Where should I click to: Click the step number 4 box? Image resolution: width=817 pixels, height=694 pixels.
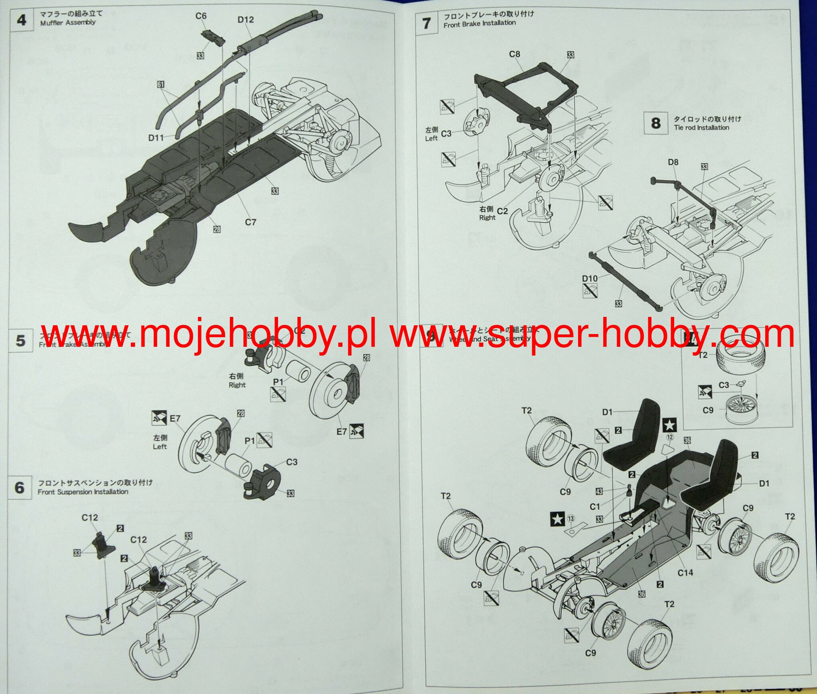tap(21, 20)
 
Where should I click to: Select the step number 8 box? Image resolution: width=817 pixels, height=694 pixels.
tap(655, 123)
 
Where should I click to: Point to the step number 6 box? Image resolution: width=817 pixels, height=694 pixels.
tap(20, 488)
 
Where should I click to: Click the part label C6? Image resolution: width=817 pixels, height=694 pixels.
tap(201, 16)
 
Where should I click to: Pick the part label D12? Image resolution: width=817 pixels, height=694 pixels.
tap(245, 20)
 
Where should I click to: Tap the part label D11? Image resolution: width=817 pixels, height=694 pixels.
tap(156, 138)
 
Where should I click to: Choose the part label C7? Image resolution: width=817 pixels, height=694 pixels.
tap(251, 222)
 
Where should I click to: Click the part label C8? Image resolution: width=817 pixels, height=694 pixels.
tap(515, 54)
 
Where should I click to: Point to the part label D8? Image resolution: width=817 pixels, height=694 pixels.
tap(673, 162)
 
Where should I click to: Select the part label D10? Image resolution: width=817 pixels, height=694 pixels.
tap(590, 279)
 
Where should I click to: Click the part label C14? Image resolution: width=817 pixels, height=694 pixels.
tap(685, 572)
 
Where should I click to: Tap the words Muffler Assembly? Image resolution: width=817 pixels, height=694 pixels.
tap(68, 23)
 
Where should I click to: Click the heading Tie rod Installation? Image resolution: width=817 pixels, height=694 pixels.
tap(701, 128)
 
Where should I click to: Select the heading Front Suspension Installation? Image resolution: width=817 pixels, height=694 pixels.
tap(83, 492)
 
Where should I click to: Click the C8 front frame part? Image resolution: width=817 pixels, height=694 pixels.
tap(527, 96)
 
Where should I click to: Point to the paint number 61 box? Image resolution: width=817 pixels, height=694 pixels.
tap(161, 85)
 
